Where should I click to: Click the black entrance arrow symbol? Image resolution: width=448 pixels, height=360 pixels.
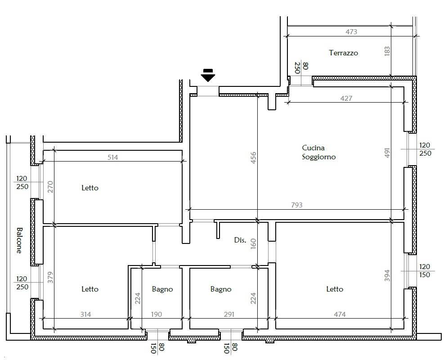point(208,75)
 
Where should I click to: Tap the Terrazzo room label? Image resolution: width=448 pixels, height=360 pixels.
point(343,53)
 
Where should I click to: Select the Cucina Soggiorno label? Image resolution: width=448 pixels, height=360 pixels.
point(318,153)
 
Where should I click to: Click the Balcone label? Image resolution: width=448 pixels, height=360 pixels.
point(19,240)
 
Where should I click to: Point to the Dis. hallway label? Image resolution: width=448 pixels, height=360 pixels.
point(240,240)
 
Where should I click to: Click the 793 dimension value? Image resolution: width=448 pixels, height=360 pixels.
point(296,205)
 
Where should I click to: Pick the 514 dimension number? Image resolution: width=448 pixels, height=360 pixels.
point(112,157)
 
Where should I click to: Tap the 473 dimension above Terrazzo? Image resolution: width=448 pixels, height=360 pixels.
point(351,32)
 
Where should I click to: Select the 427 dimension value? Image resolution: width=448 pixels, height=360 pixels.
point(346,99)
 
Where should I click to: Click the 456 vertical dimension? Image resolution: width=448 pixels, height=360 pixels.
point(253,158)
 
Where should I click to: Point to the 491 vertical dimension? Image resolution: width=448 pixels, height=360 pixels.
point(387,153)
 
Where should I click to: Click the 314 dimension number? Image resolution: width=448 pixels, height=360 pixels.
point(85,315)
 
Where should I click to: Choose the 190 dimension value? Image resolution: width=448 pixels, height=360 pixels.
point(156,315)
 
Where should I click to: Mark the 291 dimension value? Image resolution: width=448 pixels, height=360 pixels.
point(229,315)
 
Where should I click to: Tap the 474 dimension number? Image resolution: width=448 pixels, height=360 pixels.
point(340,315)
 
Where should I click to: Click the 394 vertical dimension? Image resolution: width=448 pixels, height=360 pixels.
point(387,276)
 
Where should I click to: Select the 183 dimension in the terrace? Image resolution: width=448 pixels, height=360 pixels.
point(387,51)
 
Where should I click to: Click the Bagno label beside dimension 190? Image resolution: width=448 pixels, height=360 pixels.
point(162,289)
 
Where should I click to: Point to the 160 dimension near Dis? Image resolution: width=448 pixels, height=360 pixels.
point(253,243)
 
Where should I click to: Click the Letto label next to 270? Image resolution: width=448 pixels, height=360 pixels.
point(90,188)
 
